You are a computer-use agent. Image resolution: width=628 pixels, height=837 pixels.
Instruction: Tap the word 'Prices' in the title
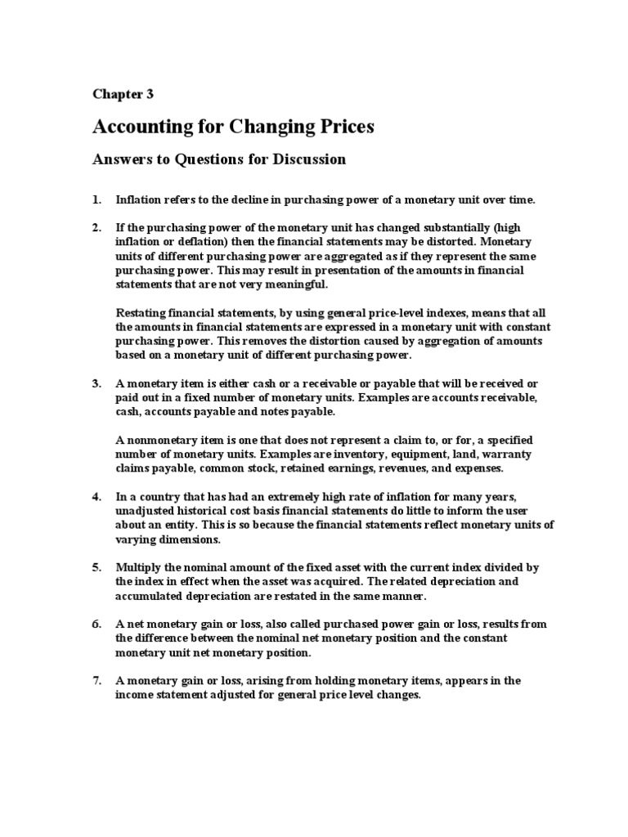click(x=343, y=127)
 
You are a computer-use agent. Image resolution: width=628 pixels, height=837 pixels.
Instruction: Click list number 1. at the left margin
click(x=96, y=199)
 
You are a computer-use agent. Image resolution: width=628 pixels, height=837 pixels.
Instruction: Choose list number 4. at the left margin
click(x=96, y=497)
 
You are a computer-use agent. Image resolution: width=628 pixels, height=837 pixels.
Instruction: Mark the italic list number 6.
click(x=96, y=624)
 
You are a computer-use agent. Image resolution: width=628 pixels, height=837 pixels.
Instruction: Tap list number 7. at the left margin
click(x=96, y=680)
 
